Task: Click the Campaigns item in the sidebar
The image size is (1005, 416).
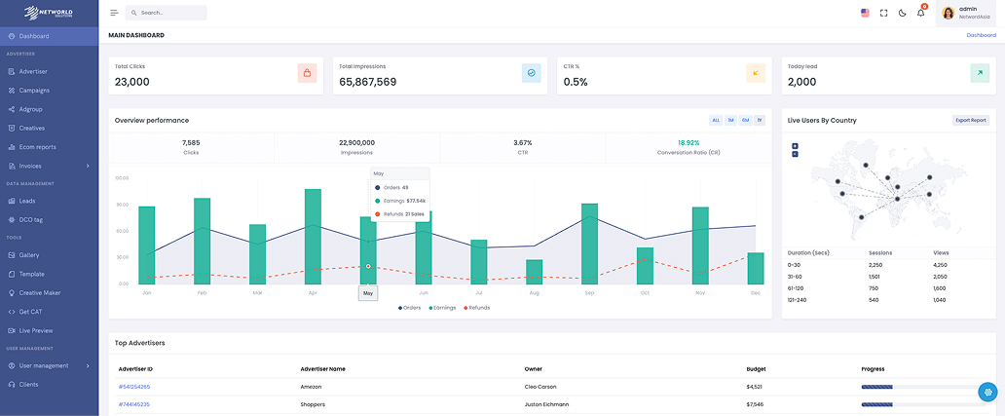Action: (34, 90)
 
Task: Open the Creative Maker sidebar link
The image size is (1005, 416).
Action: (39, 292)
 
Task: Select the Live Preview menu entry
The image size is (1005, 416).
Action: (36, 330)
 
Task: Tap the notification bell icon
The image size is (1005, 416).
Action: (920, 13)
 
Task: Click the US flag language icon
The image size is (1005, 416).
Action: (865, 13)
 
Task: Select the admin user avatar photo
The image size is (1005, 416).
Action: (948, 13)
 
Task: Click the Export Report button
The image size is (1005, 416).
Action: (970, 120)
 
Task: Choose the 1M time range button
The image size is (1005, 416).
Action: (730, 120)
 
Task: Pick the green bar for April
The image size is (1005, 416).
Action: (313, 237)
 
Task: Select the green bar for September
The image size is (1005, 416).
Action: (589, 244)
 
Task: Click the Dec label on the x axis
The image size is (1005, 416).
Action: (755, 292)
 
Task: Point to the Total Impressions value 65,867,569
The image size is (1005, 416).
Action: (367, 82)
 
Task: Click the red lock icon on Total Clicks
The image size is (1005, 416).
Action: (307, 73)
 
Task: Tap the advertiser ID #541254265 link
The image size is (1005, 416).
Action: (134, 387)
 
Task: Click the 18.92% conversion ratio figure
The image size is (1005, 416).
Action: (689, 142)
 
